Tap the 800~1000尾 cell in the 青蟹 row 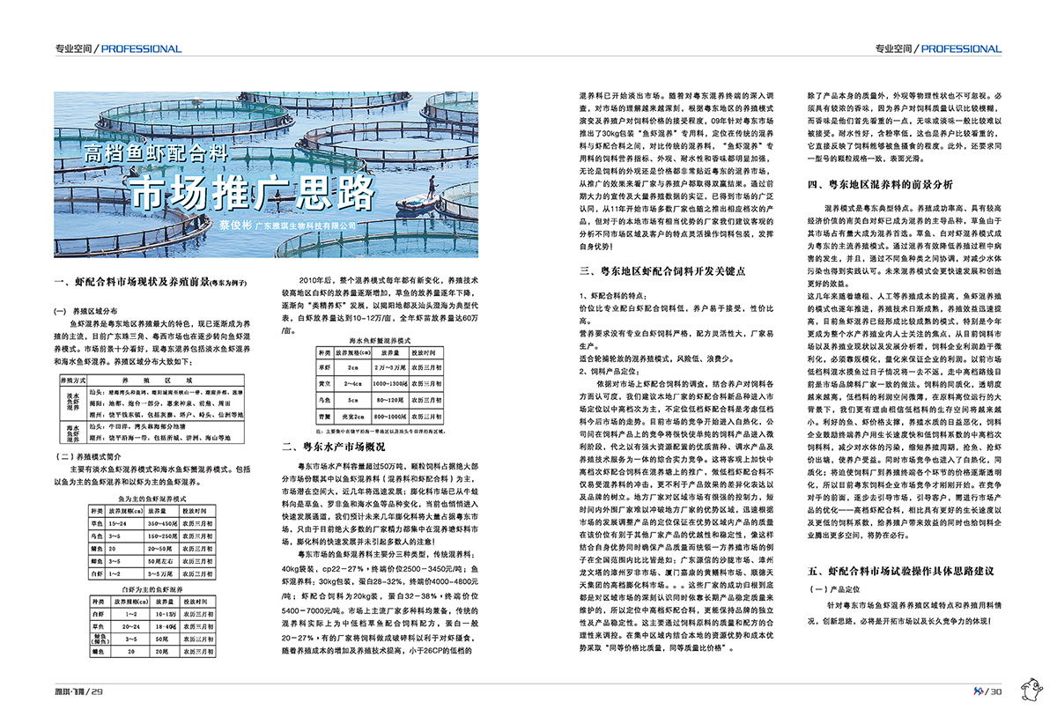coord(394,414)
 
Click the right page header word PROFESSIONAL coord(961,48)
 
